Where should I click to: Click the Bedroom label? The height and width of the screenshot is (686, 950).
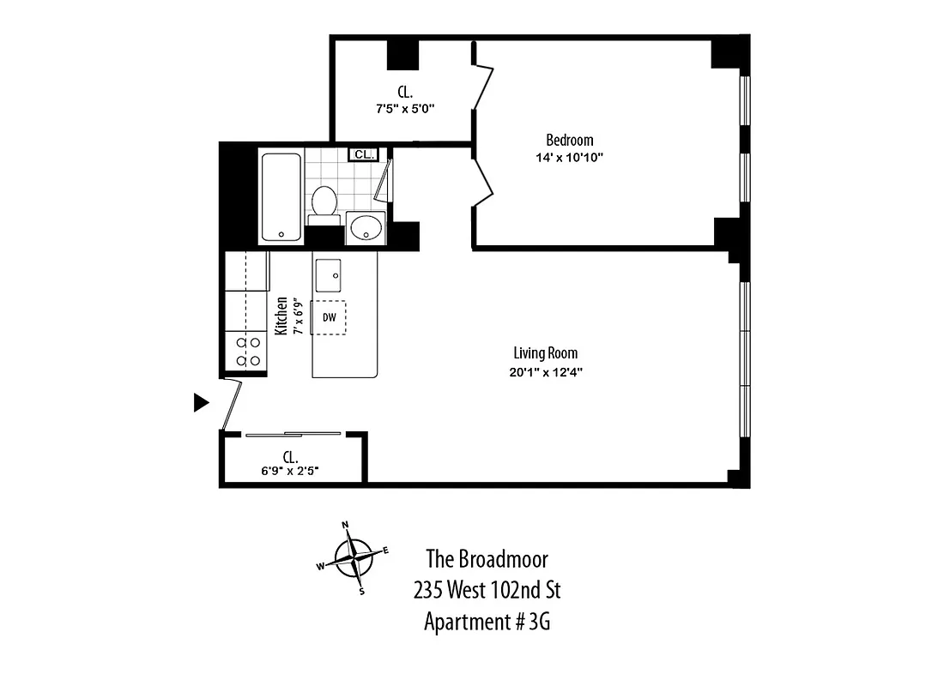[569, 140]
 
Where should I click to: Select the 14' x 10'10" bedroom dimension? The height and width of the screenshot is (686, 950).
[569, 157]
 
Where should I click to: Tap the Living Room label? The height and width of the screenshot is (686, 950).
[545, 352]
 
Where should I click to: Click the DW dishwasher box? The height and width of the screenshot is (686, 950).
[329, 317]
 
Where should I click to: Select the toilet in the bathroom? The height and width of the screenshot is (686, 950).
[324, 202]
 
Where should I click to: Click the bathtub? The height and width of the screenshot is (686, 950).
[281, 196]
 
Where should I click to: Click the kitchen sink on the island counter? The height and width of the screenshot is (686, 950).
[329, 274]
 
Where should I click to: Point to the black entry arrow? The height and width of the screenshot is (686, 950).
[201, 402]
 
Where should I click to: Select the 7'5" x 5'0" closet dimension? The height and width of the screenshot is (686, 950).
[405, 109]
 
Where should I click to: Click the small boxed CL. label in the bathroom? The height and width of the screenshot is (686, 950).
[363, 154]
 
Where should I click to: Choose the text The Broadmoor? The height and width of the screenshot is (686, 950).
[487, 559]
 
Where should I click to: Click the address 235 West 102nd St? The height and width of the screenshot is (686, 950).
[487, 590]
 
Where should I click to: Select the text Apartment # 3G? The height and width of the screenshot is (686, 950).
[487, 622]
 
